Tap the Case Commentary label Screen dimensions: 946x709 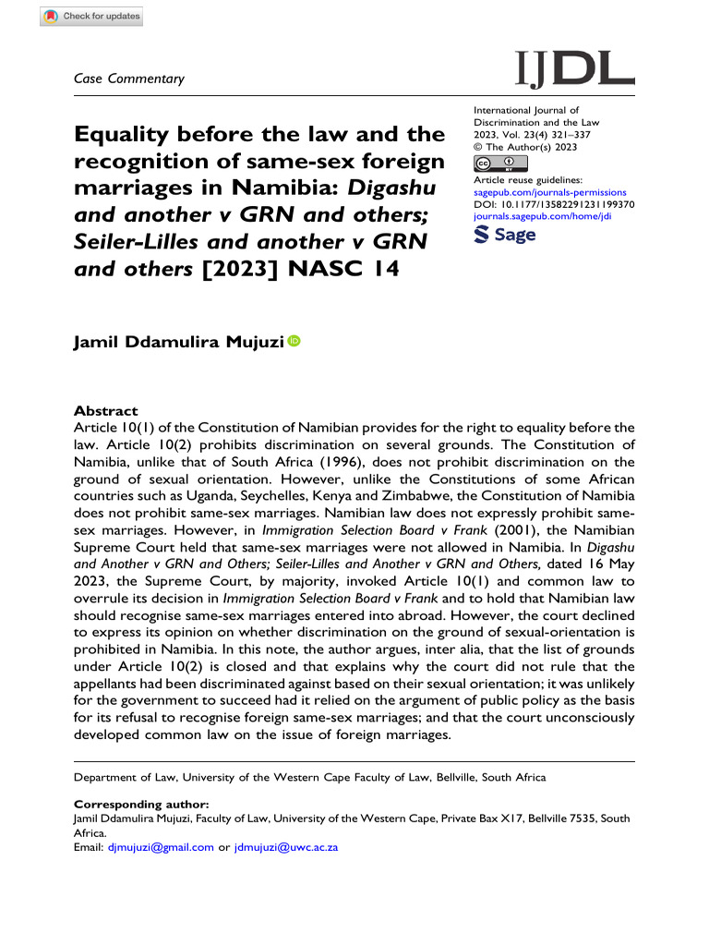coord(129,79)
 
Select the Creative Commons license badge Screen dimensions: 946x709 coord(499,164)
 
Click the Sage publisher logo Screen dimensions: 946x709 coord(504,236)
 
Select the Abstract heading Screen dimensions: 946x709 coord(105,411)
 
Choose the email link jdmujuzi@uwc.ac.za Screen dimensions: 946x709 coord(286,846)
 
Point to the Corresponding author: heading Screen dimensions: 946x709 coord(134,804)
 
